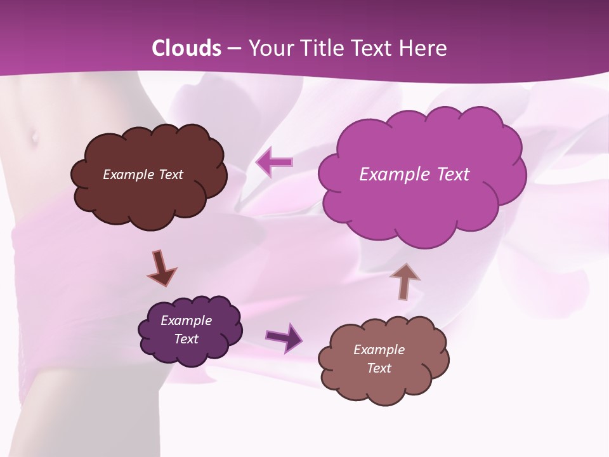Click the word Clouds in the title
187,48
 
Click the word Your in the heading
269,48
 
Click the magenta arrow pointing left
274,162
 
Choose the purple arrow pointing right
284,337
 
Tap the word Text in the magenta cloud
452,175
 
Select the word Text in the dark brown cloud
171,175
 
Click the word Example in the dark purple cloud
186,321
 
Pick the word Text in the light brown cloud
379,368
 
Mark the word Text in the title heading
374,48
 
